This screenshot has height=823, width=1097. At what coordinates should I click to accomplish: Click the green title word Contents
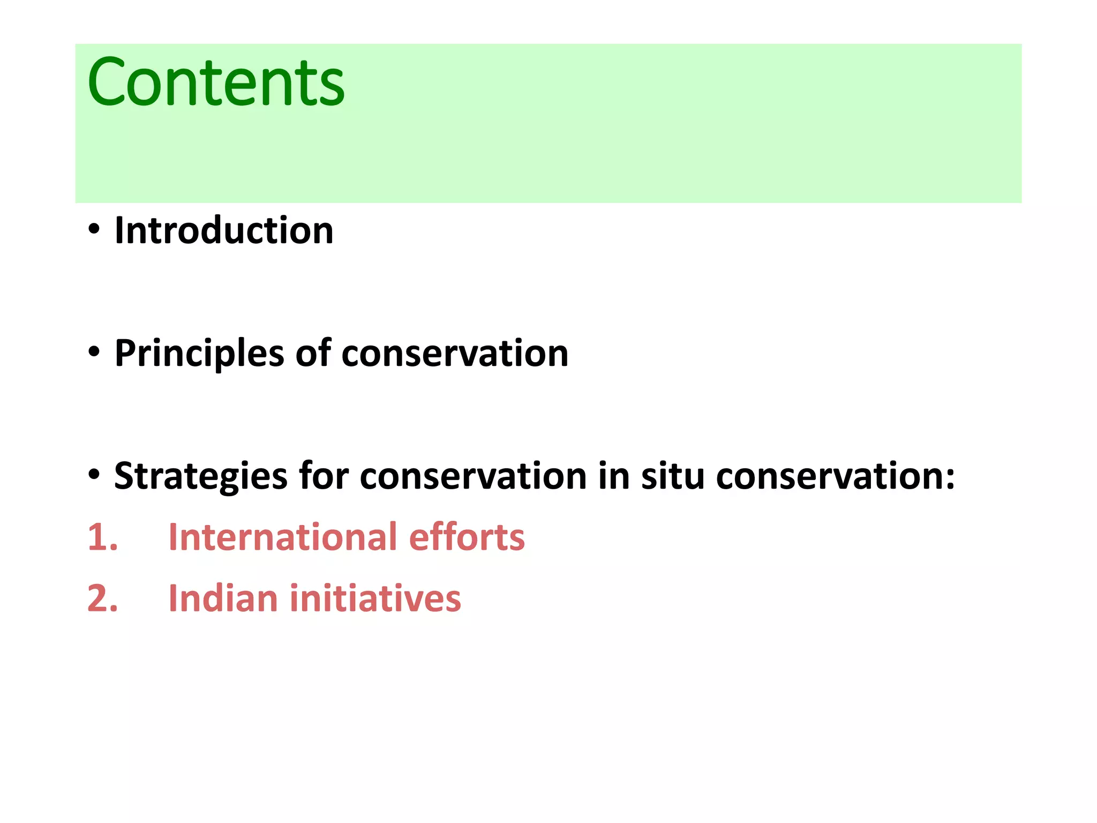click(216, 83)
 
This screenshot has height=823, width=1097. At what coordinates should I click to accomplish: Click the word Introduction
click(224, 231)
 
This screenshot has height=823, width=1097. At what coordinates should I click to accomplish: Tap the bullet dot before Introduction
click(94, 230)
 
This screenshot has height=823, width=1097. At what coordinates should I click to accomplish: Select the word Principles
click(199, 354)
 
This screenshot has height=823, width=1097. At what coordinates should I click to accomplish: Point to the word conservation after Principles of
click(455, 354)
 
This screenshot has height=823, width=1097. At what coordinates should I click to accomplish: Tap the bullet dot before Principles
click(94, 353)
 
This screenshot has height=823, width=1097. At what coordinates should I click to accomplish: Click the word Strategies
click(201, 476)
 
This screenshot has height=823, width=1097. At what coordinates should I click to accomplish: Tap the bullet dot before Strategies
click(94, 475)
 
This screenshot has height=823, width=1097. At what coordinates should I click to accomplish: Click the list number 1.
click(102, 537)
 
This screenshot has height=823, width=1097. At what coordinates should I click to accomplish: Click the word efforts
click(467, 537)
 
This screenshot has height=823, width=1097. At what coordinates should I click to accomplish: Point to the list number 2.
click(102, 598)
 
